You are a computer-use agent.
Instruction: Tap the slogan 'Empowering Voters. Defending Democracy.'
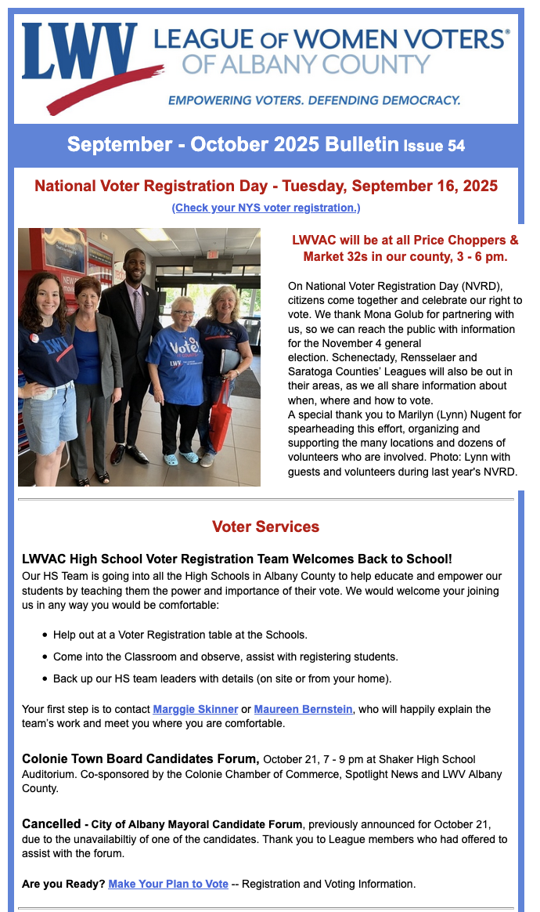click(x=314, y=100)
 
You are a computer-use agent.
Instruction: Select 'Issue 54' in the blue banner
click(x=434, y=146)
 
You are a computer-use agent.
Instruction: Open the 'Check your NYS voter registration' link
click(x=266, y=208)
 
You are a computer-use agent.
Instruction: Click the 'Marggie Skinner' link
click(x=196, y=709)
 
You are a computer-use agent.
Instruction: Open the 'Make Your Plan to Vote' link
click(x=168, y=884)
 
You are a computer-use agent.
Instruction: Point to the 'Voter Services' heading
click(x=266, y=527)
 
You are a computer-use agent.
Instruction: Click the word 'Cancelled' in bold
click(x=51, y=824)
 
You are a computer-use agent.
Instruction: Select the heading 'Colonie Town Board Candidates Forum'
click(x=141, y=758)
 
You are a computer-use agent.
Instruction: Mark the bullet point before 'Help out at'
click(x=45, y=635)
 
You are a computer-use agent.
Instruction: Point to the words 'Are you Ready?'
click(x=63, y=884)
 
